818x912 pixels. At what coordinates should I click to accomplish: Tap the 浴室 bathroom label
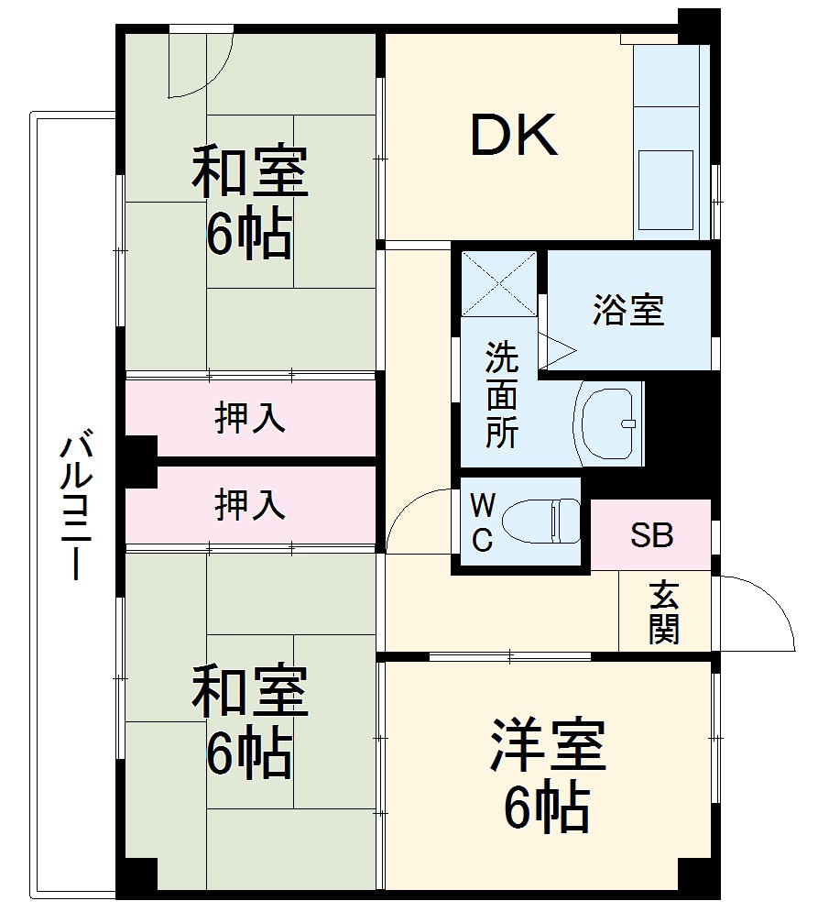point(627,311)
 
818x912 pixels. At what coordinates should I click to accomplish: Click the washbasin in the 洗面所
point(608,422)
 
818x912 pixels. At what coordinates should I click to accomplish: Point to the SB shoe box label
point(651,535)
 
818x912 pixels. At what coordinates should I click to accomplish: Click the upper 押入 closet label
point(249,418)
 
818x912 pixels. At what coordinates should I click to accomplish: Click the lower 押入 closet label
point(249,505)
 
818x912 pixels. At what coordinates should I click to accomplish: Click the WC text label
point(483,522)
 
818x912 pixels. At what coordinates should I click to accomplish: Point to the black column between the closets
point(140,461)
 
